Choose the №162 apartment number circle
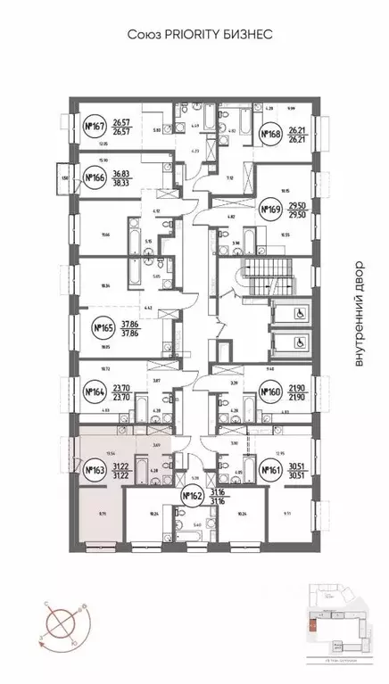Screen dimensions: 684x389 pos(193,496)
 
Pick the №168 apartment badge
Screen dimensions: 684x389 pos(270,135)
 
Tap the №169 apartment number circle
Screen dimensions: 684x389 pos(270,210)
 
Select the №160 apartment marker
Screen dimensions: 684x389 pos(270,391)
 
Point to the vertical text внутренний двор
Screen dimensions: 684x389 pos(359,312)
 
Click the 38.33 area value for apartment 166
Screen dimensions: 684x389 pos(132,183)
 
